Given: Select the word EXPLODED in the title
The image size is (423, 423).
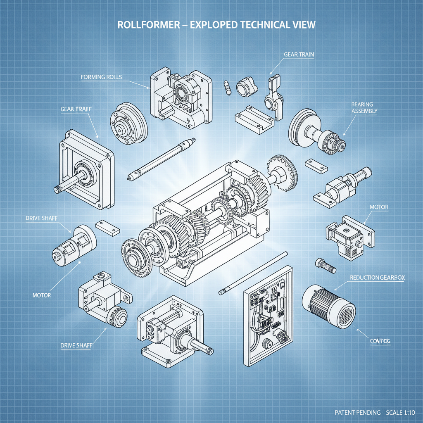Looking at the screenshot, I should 202,25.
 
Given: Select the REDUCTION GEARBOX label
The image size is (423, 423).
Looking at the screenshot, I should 377,278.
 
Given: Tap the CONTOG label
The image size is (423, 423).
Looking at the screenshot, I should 379,341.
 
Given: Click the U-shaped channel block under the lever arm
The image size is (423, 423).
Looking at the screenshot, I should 254,115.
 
